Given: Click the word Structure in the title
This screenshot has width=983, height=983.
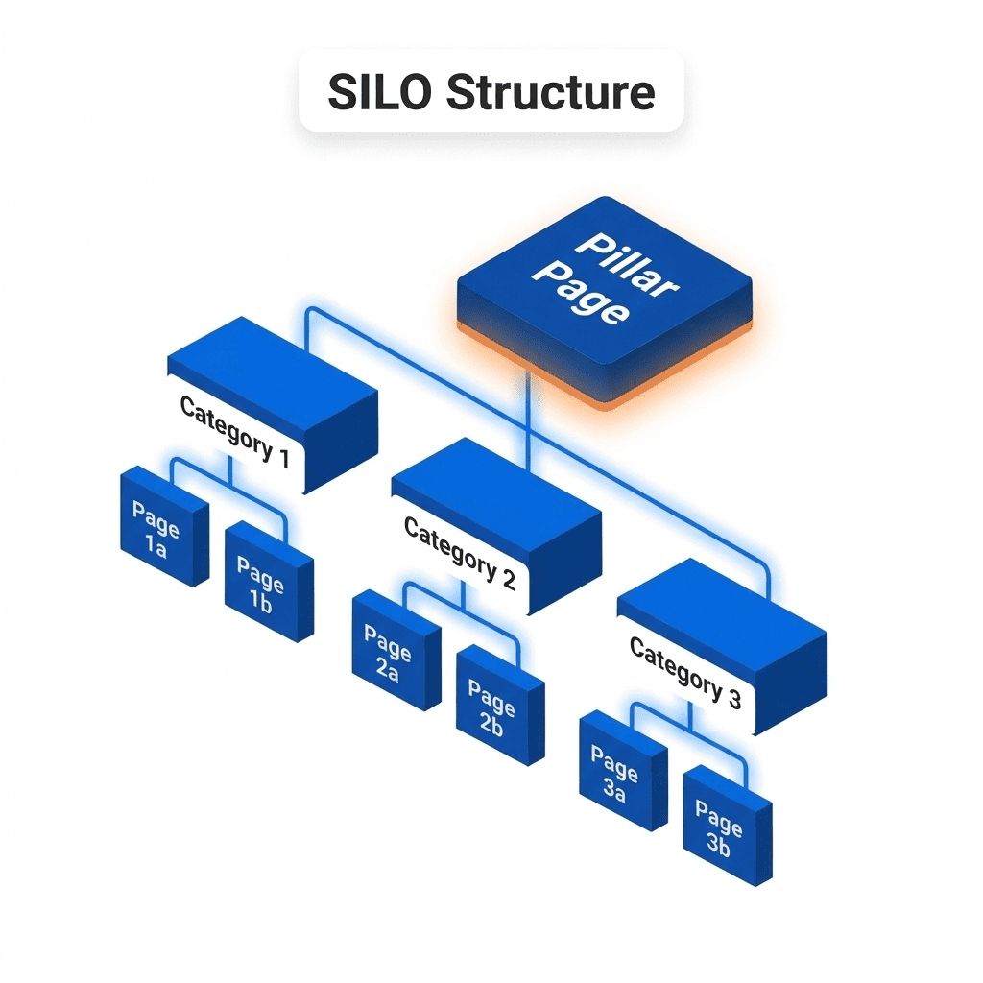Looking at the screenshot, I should (x=551, y=93).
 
